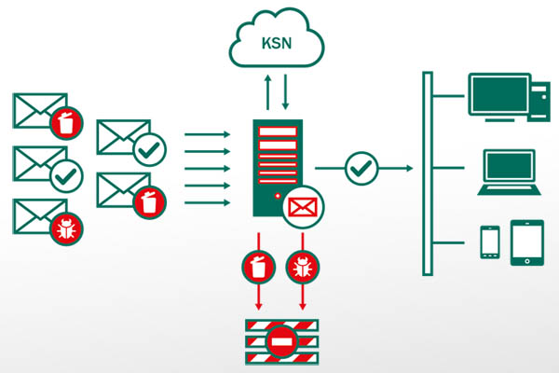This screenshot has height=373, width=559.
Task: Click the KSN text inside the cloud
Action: tap(276, 43)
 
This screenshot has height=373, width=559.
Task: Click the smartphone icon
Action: tap(490, 242)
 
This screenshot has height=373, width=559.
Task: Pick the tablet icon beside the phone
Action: tap(526, 242)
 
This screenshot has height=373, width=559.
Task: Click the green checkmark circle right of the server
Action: tap(360, 169)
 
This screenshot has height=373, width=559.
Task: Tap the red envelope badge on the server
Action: tap(303, 204)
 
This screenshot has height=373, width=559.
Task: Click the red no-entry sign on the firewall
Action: tap(280, 341)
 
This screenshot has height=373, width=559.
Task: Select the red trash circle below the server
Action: tap(258, 266)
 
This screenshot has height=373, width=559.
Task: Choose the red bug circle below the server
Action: tap(303, 266)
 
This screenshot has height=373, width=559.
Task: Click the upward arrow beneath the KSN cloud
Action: tap(268, 93)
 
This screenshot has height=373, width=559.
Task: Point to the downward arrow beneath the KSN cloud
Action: tap(285, 93)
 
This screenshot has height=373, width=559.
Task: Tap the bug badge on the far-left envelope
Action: tap(66, 228)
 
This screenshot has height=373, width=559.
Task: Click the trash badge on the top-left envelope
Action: tap(66, 121)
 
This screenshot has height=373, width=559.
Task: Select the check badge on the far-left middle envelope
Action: tap(66, 174)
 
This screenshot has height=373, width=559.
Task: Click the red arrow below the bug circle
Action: tap(303, 297)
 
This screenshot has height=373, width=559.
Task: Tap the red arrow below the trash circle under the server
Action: tap(258, 297)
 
